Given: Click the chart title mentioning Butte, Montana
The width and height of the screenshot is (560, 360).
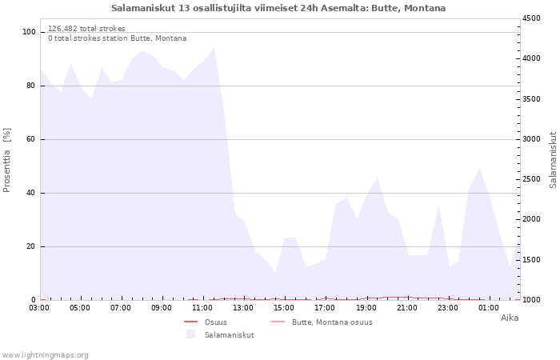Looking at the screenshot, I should pos(278,8).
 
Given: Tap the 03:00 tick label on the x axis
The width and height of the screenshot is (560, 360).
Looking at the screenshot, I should pos(39,307).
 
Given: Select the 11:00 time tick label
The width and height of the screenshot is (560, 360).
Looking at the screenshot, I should pos(202,307).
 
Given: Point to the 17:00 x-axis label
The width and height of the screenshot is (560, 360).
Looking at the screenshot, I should pos(325,307).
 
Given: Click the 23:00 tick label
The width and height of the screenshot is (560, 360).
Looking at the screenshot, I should pos(448,307).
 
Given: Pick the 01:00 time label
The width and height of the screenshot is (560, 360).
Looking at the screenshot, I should pos(489,307).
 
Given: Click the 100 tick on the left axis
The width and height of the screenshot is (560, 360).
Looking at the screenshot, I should pos(30,32).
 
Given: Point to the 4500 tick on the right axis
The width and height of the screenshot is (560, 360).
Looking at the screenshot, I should pos(532,18).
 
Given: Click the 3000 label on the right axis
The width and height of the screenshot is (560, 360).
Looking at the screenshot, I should pos(532,139).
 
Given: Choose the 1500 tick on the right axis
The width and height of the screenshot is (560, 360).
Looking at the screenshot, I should pos(532,260).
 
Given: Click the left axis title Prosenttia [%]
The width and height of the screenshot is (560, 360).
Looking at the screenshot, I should pos(7,160).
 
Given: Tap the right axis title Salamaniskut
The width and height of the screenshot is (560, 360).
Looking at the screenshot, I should pos(553,160).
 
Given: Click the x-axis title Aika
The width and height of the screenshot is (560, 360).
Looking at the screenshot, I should pos(510,318).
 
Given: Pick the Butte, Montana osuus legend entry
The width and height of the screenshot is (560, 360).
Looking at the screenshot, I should pos(332,322).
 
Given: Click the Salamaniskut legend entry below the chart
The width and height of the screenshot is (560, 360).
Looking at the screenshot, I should pos(229,335).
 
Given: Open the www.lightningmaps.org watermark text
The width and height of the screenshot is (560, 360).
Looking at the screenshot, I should pos(45,355).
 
